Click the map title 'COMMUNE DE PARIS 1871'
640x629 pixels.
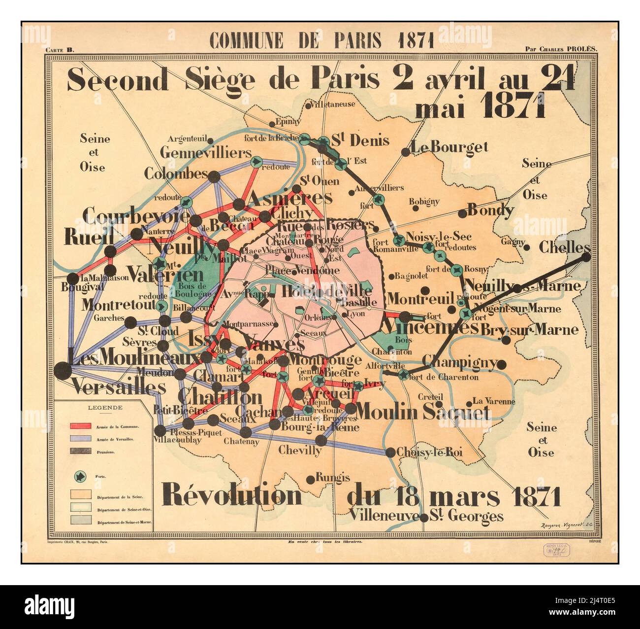point(321,39)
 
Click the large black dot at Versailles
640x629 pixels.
point(63,370)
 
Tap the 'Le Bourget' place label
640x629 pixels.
point(449,147)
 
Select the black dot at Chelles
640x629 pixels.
point(585,256)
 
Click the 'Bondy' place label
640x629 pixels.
point(490,210)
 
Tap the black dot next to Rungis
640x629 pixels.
point(310,479)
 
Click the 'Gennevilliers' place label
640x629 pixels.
point(205,152)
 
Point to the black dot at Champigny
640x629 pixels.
point(501,365)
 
